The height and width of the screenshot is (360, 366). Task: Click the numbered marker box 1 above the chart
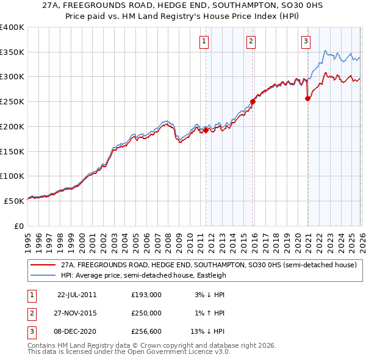pos(203,41)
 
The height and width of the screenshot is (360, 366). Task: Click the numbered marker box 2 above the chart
pos(251,41)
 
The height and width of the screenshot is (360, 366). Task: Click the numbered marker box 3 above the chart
pos(305,41)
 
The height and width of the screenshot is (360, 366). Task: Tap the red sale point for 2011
pos(206,130)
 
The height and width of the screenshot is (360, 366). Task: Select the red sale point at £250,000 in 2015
pos(253,102)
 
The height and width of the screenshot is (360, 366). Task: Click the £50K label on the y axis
pos(14,201)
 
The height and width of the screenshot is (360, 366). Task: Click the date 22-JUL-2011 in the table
pos(77,294)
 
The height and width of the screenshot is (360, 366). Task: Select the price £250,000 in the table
pos(146,313)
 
